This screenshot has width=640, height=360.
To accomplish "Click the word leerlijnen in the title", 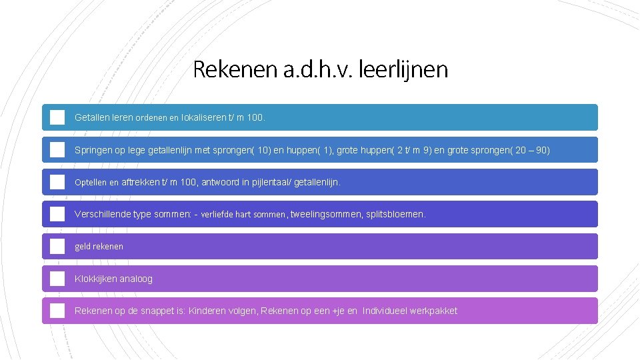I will pos(403,69).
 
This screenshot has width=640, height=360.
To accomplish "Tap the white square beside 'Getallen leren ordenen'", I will pos(57,117).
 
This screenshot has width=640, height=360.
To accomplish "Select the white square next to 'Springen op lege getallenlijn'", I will pos(57,150).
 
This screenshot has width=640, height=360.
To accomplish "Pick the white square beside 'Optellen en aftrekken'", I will pos(57,182).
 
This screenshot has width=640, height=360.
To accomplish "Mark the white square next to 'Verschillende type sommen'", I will pos(57,214).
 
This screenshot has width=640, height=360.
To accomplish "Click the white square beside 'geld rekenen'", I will pos(57,247).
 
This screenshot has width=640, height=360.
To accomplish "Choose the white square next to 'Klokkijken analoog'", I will pos(57,279).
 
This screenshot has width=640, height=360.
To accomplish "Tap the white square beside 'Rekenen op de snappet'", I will pos(57,311).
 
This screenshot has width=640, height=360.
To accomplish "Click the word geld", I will pos(83,247).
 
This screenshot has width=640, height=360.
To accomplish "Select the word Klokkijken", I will pos(95,279).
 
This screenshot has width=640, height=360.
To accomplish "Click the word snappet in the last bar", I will pos(161,311).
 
